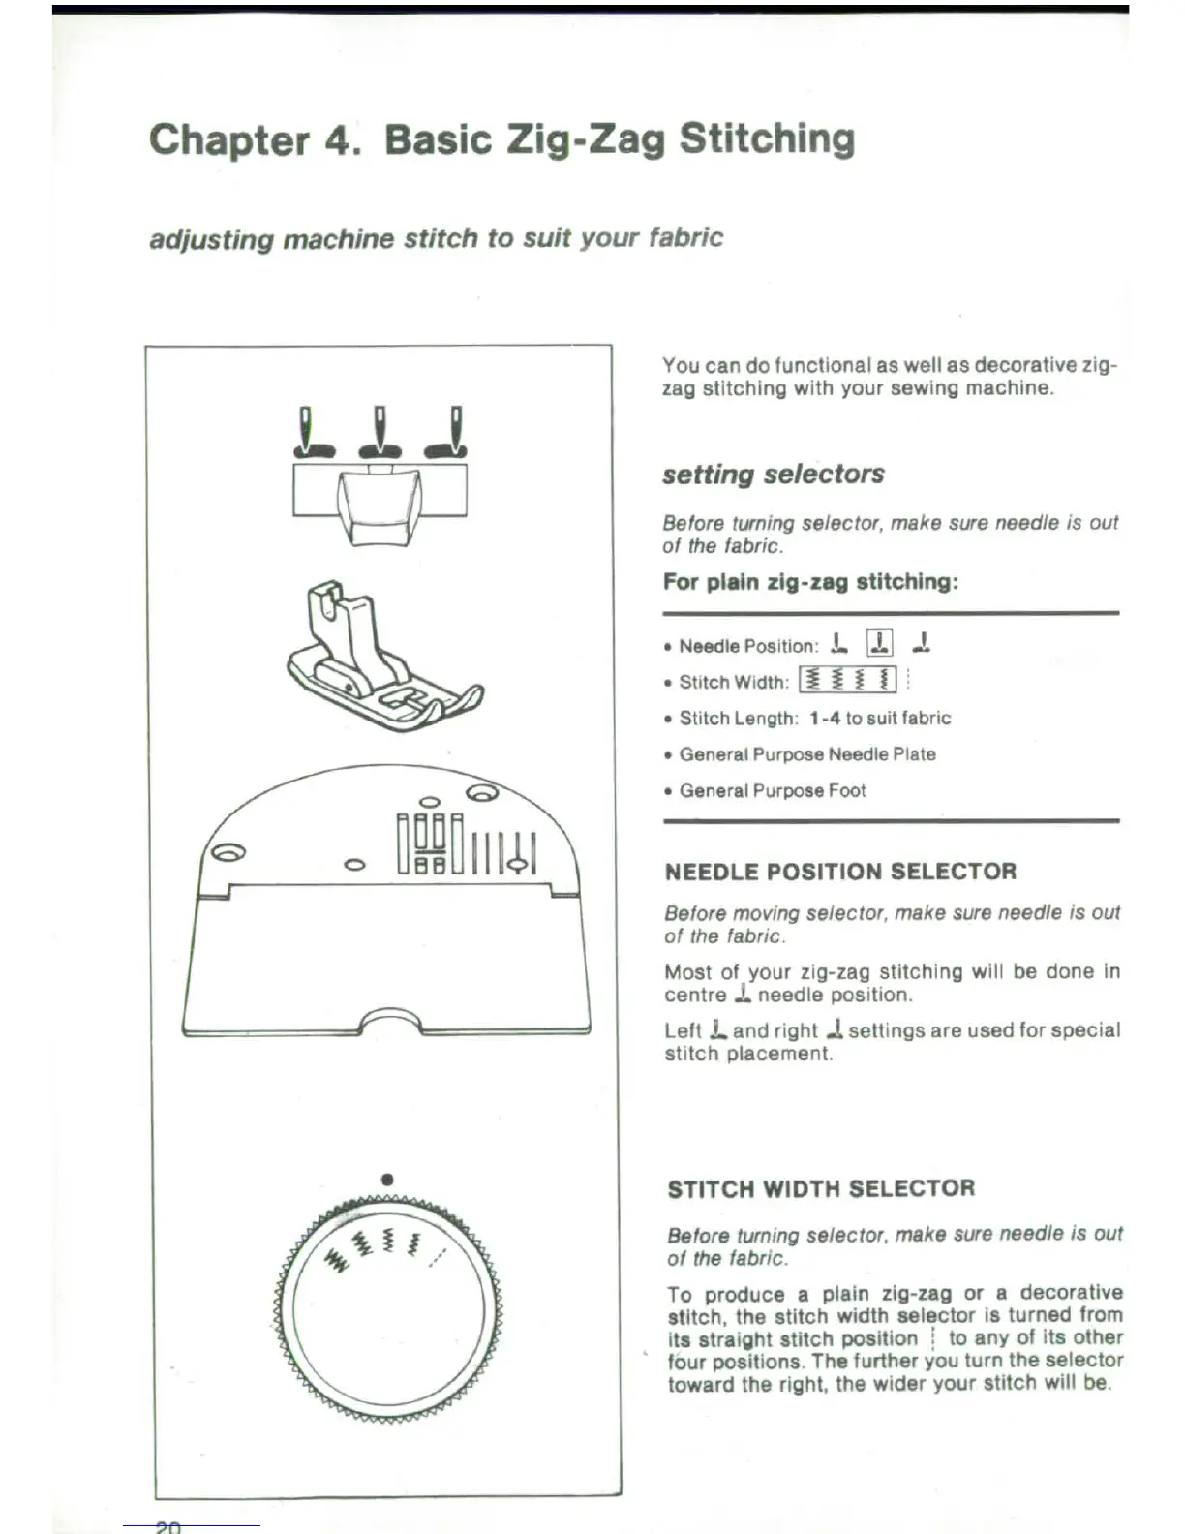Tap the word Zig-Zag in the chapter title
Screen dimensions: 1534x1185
click(584, 140)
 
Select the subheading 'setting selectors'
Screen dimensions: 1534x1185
click(773, 475)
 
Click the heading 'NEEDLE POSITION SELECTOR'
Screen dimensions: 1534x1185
click(840, 872)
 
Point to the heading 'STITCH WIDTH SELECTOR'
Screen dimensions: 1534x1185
click(821, 1188)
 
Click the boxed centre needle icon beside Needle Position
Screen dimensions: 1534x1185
click(879, 642)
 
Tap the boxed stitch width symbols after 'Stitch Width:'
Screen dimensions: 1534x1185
click(847, 680)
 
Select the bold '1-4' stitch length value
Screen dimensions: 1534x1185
click(824, 719)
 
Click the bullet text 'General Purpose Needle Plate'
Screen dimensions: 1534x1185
click(806, 754)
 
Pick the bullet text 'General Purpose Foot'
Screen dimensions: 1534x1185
click(772, 791)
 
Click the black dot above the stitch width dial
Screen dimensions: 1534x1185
click(387, 1180)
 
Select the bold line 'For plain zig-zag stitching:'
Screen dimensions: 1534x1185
click(810, 582)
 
